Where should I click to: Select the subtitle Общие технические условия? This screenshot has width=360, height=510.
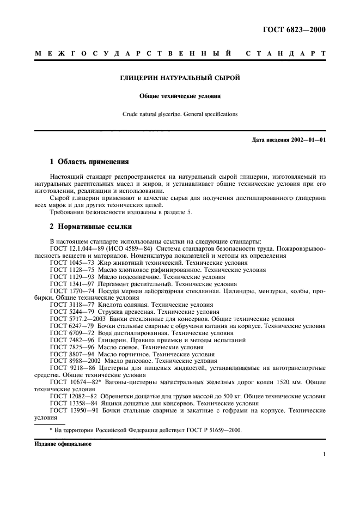point(180,96)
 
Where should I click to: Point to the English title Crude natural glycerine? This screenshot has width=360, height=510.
point(180,114)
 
